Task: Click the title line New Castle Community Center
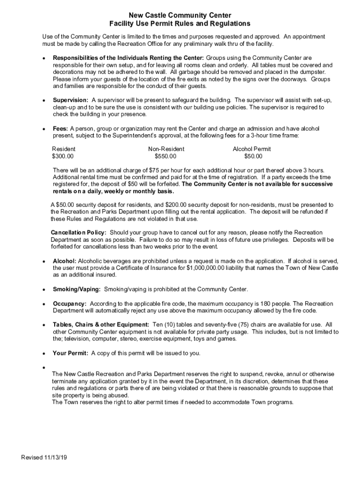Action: pyautogui.click(x=180, y=15)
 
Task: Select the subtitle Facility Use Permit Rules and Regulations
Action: pyautogui.click(x=180, y=23)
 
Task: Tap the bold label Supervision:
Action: pyautogui.click(x=71, y=101)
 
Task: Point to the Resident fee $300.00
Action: pyautogui.click(x=63, y=156)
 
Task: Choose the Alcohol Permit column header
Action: pyautogui.click(x=252, y=149)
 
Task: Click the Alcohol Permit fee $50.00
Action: pyautogui.click(x=253, y=156)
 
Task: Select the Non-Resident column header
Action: pyautogui.click(x=163, y=149)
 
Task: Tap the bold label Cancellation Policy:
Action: pyautogui.click(x=79, y=232)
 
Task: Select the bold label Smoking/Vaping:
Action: pyautogui.click(x=77, y=289)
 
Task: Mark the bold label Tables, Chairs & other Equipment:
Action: pyautogui.click(x=101, y=325)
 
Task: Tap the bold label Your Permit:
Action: pyautogui.click(x=71, y=353)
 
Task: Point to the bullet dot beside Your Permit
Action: pyautogui.click(x=43, y=354)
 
